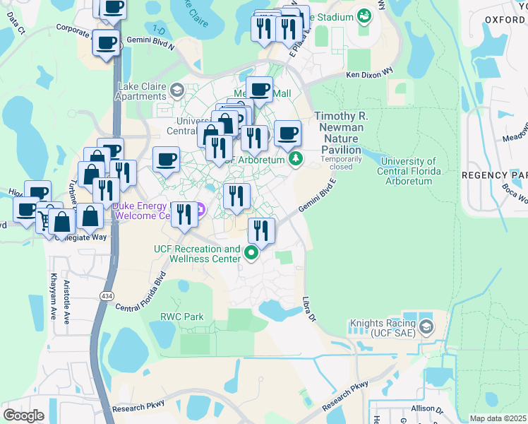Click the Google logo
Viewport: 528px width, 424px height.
click(23, 415)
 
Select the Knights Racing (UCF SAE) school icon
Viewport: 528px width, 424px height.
click(426, 327)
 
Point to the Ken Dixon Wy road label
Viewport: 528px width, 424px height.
click(369, 74)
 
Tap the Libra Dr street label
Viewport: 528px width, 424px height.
click(308, 310)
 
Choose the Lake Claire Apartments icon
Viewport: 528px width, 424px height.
click(176, 89)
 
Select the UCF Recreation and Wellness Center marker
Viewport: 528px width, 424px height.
click(251, 252)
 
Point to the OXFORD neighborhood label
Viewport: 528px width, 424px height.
click(505, 20)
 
